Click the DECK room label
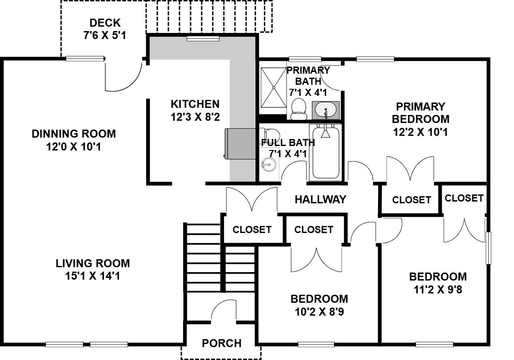(105, 23)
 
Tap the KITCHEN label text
(195, 104)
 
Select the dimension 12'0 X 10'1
(73, 147)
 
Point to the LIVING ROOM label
(93, 263)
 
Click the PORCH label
(222, 343)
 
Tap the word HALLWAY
(320, 199)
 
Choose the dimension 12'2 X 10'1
(420, 132)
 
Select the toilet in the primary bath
(298, 109)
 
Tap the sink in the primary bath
(326, 110)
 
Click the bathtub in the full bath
(326, 152)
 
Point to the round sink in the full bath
(268, 164)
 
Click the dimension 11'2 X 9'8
(438, 289)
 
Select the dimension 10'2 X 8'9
(319, 312)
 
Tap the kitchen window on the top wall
(203, 39)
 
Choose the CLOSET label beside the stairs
(252, 229)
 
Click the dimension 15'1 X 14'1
(93, 276)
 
